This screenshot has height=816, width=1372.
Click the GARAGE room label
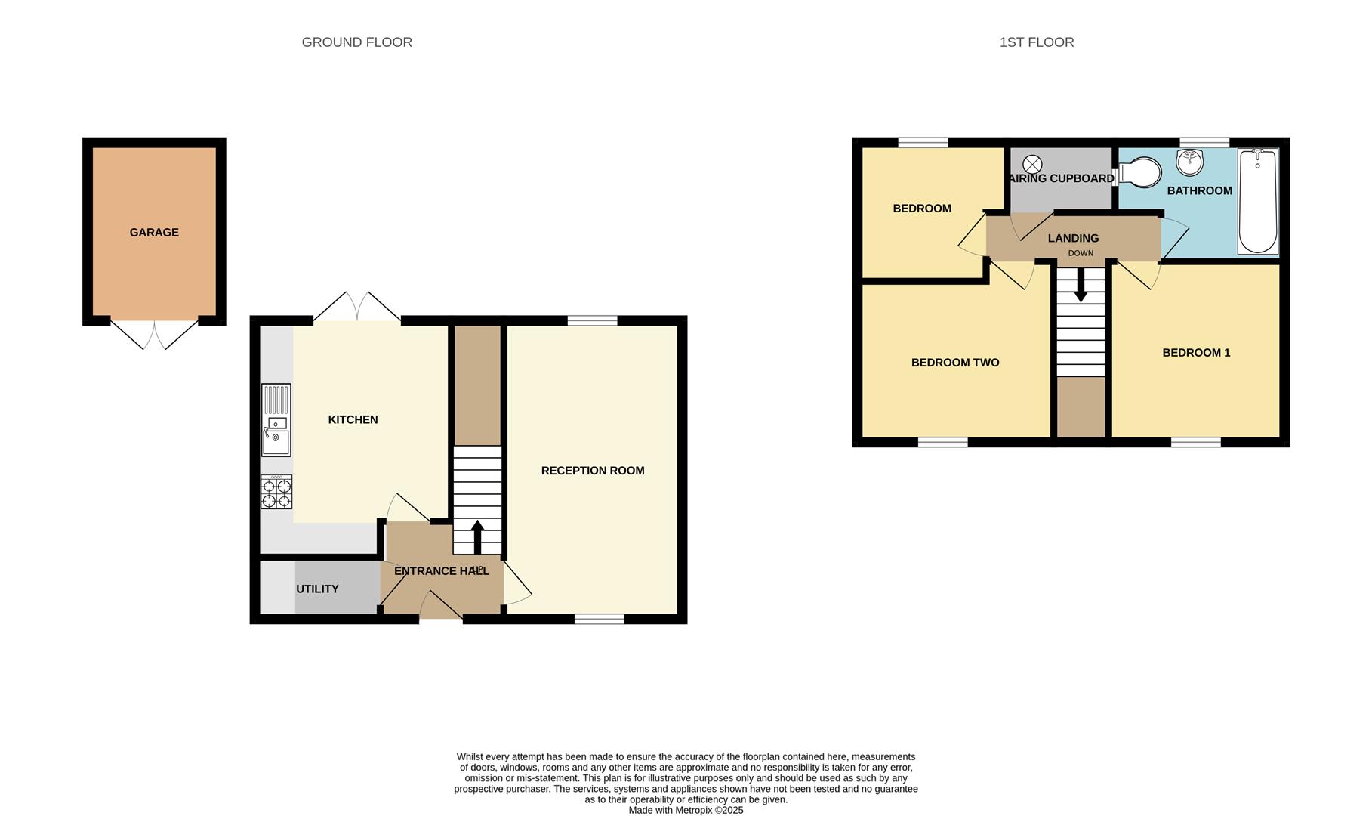(x=154, y=232)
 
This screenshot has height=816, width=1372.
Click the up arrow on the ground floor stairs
(x=477, y=536)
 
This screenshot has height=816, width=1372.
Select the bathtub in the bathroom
(x=1257, y=201)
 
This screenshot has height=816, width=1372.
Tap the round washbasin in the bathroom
(x=1189, y=162)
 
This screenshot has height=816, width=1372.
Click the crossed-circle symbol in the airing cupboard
(x=1032, y=164)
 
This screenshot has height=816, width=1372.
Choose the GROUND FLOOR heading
(x=356, y=42)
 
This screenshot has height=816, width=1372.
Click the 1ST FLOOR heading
(x=1036, y=42)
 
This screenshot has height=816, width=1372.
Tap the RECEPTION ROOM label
(x=593, y=471)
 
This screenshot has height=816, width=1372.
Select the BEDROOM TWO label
(x=955, y=363)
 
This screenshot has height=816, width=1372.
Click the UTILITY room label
(x=317, y=589)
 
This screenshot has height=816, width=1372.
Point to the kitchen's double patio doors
(x=357, y=308)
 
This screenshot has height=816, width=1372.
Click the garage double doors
(x=155, y=335)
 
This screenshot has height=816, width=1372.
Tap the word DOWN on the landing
(x=1081, y=253)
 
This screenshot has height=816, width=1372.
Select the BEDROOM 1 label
(x=1196, y=353)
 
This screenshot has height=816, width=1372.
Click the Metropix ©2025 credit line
(x=686, y=810)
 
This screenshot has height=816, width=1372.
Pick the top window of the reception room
(x=592, y=320)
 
